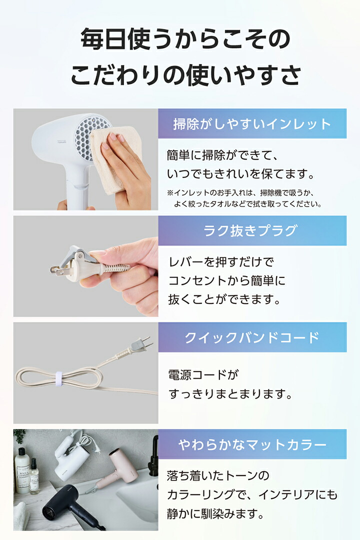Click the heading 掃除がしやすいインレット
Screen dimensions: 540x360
(x=252, y=123)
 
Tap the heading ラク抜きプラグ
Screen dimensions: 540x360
(x=252, y=230)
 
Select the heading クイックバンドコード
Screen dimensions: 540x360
(x=252, y=337)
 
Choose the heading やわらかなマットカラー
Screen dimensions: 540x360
(x=252, y=444)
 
